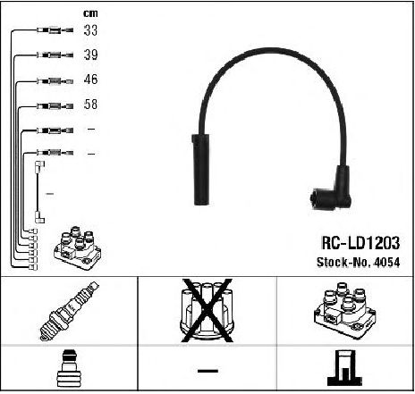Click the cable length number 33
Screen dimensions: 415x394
(x=90, y=30)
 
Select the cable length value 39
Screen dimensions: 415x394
(x=90, y=54)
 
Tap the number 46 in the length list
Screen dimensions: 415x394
(x=90, y=80)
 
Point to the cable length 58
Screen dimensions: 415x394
(x=90, y=104)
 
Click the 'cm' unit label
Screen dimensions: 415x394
(x=90, y=13)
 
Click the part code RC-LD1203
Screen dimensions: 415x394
(x=360, y=243)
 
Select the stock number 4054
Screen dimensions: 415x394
(x=387, y=262)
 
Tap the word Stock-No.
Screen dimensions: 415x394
(x=343, y=262)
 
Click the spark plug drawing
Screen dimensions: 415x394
(x=69, y=311)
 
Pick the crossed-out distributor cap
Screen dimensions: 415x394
(x=207, y=310)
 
